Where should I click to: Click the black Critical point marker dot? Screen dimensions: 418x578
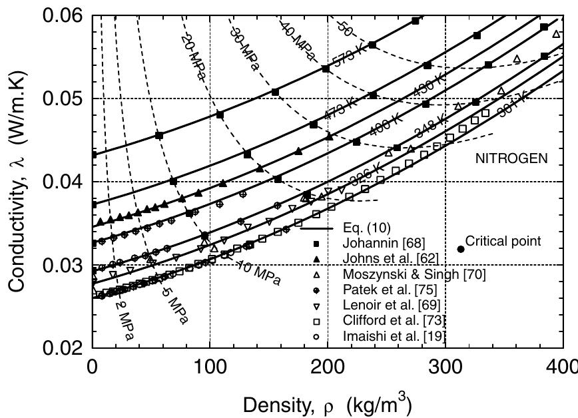tap(461, 249)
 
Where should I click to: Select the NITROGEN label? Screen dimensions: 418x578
tap(511, 158)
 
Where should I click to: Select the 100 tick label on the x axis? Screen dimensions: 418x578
tap(210, 365)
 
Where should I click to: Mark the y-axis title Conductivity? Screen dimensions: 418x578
tap(17, 181)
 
